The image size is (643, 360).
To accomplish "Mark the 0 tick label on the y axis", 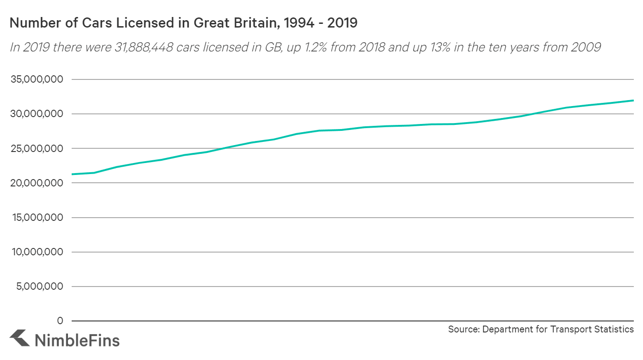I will pos(60,321).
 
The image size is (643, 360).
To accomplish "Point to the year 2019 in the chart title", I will pos(342,23).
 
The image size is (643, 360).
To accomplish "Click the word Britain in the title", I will pos(248,23).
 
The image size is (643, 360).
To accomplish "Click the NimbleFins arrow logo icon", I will pos(19,337).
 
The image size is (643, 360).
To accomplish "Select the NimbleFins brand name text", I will pos(77,340).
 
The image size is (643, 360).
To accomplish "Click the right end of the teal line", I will pos(633,101).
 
